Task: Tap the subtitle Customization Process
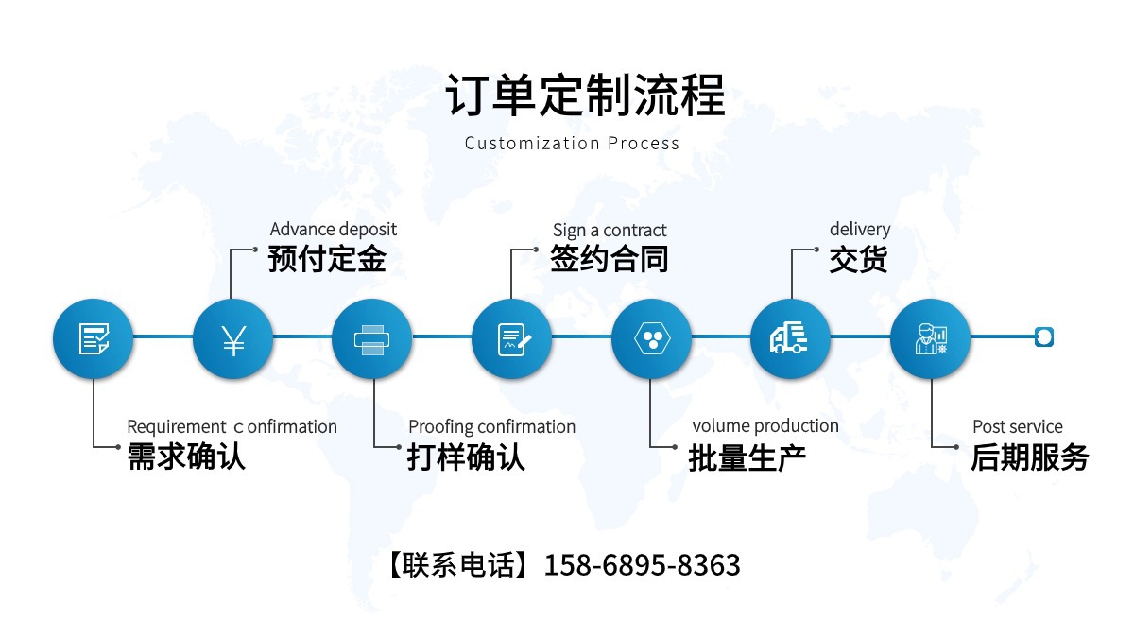point(572,144)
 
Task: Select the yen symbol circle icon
point(232,338)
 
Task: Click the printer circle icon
point(371,338)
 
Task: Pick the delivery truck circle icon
point(790,338)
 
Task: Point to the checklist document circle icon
point(93,338)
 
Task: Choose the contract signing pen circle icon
point(511,338)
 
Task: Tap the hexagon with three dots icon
point(650,338)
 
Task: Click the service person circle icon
point(930,338)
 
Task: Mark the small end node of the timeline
point(1043,336)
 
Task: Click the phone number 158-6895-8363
point(642,565)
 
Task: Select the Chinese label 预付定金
point(327,259)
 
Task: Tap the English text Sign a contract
point(610,230)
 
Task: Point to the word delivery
point(860,229)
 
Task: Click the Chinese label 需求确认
point(186,457)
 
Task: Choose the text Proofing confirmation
point(491,426)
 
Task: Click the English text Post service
point(1017,426)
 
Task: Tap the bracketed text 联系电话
point(458,565)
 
